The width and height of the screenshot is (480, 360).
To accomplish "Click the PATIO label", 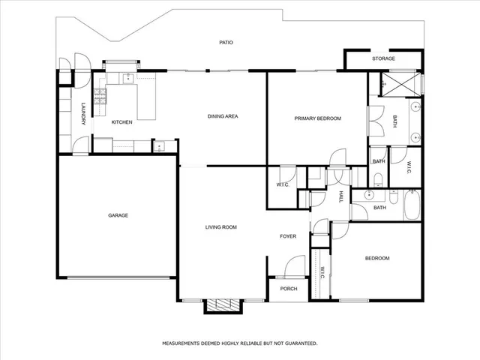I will [226, 43].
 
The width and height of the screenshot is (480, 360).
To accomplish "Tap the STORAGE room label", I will [383, 58].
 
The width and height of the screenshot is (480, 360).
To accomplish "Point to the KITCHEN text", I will [122, 122].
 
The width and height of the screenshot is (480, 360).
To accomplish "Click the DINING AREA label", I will [223, 117].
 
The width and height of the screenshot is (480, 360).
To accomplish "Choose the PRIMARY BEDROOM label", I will [317, 118].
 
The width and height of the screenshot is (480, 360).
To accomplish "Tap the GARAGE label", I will [118, 215].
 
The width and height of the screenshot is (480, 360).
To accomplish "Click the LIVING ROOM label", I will [221, 227].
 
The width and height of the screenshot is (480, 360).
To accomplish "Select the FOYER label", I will [288, 236].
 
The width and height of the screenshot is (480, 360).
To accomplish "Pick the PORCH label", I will [288, 288].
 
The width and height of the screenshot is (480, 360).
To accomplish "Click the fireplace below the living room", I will [224, 305].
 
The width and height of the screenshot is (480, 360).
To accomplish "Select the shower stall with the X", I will [400, 83].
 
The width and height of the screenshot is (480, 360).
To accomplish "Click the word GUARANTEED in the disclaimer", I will [298, 343].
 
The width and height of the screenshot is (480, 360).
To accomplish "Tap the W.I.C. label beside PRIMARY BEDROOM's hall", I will [283, 184].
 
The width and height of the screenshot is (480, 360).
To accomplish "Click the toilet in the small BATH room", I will [379, 178].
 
